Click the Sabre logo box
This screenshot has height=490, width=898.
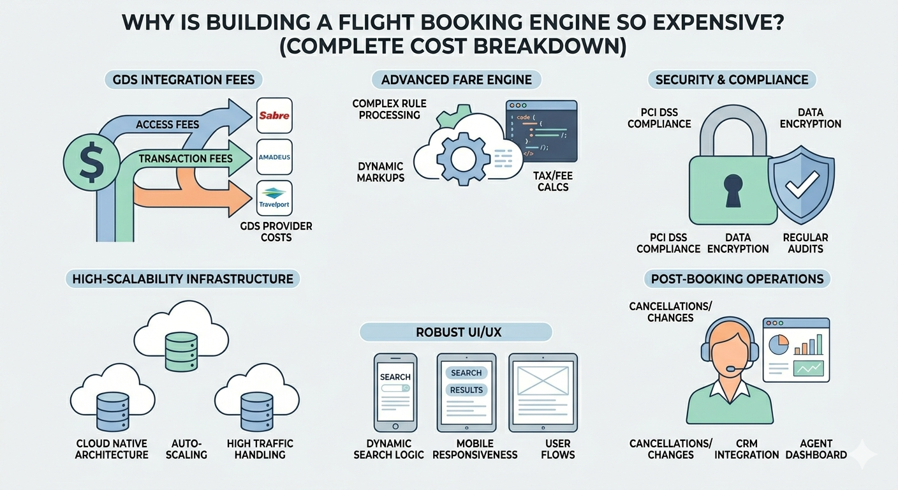pos(274,115)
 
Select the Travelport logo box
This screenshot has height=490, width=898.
pos(274,198)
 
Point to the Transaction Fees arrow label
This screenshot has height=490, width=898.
pos(186,159)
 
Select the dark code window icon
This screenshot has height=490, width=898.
pos(541,130)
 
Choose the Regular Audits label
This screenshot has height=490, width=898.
pos(806,242)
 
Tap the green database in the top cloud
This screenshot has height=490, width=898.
pos(181,350)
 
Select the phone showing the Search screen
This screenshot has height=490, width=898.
pos(395,392)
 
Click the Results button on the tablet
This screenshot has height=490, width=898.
pos(466,390)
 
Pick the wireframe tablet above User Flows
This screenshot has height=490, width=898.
pos(543,392)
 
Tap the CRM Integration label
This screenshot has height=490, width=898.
pos(747,449)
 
